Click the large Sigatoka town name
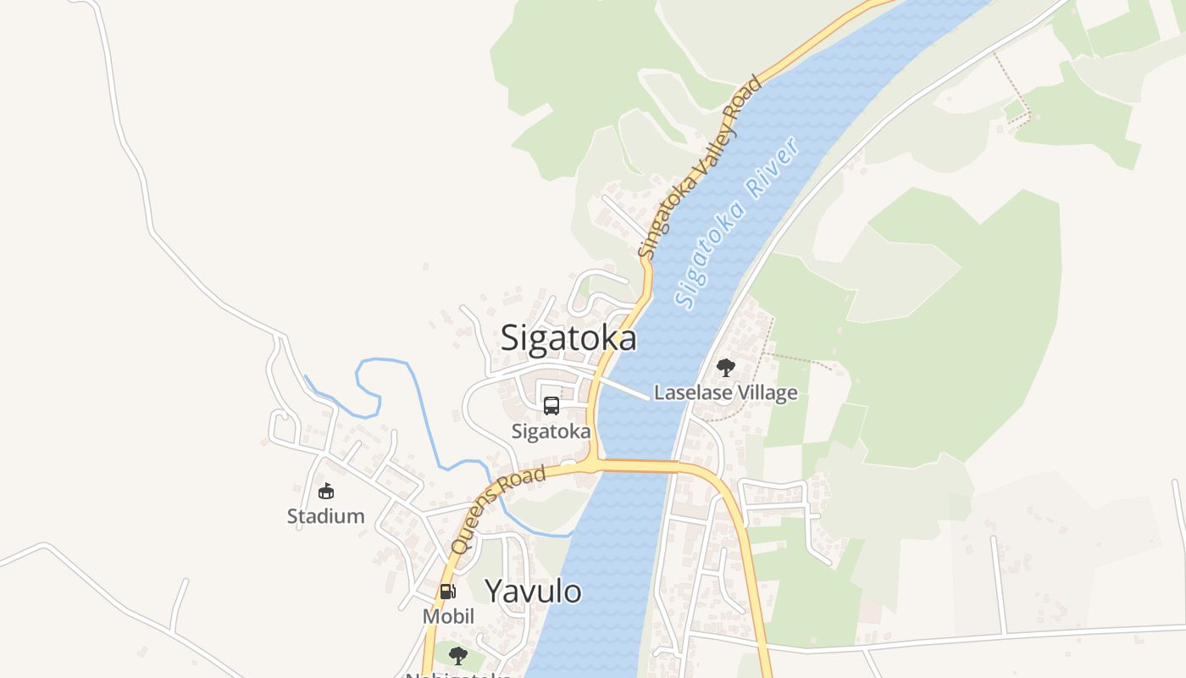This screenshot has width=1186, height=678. (568, 338)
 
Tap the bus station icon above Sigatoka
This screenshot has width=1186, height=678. (551, 406)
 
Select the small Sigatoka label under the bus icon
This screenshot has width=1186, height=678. (551, 431)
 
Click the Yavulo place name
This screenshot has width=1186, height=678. (533, 591)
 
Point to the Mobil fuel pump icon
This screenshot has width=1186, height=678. (447, 592)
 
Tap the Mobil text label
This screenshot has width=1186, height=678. (448, 616)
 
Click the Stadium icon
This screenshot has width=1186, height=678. (326, 491)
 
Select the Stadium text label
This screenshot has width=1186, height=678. (326, 515)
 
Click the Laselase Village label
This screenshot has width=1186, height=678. (726, 392)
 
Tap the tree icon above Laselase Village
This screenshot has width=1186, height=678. (725, 368)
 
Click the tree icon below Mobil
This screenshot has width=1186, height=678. (457, 655)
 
